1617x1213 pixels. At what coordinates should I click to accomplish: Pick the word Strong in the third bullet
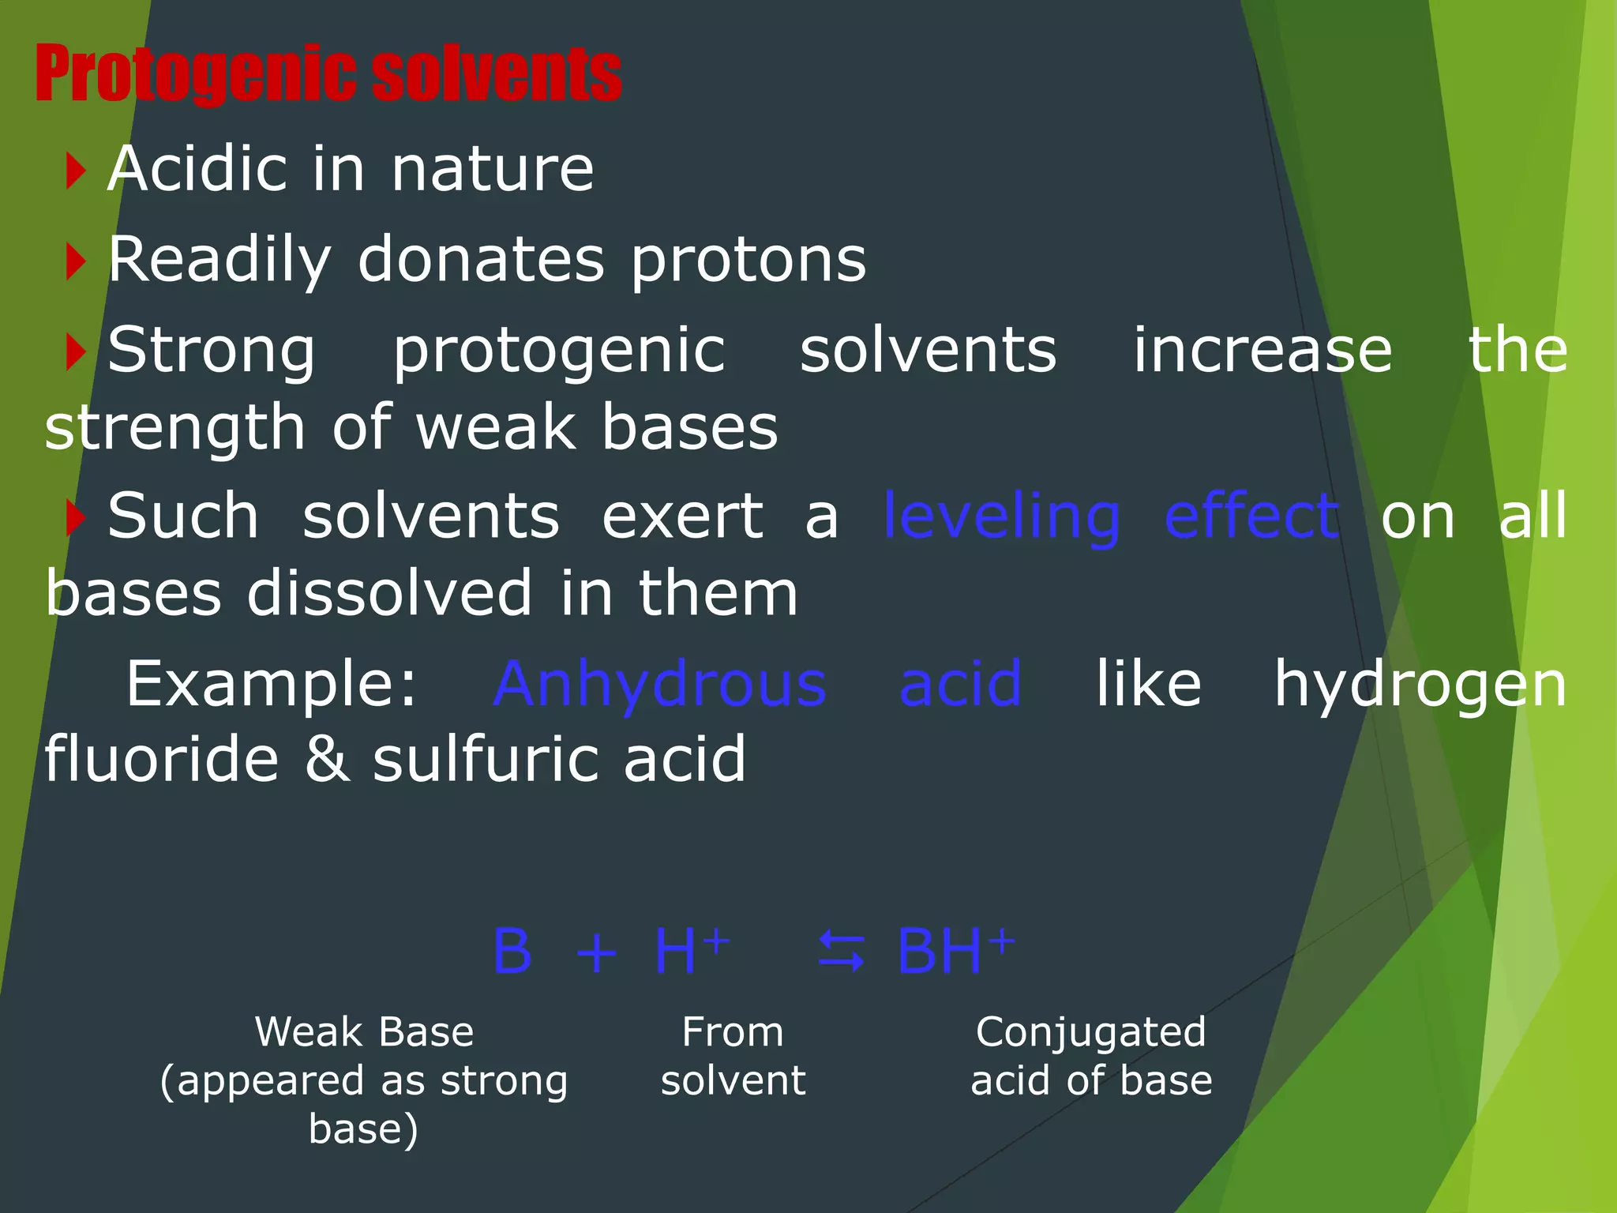tap(212, 351)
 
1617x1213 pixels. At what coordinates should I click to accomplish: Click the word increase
tap(1262, 351)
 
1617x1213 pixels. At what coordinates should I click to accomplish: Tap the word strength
tap(174, 428)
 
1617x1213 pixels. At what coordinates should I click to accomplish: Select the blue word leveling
tap(1001, 517)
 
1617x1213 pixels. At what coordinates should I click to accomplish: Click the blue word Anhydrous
tap(660, 684)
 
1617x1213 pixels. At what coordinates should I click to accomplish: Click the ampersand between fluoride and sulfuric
tap(327, 759)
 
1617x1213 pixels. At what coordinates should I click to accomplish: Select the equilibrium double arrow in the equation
tap(841, 951)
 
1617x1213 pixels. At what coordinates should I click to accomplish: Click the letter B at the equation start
tap(512, 951)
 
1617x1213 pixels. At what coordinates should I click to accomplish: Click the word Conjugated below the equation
tap(1090, 1033)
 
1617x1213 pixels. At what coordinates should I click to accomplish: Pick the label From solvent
tap(733, 1056)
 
